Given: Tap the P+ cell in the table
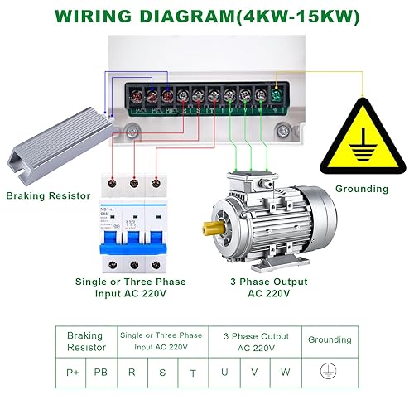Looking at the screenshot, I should point(73,372).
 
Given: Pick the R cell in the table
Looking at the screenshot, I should point(131,372).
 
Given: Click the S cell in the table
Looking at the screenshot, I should point(162,372).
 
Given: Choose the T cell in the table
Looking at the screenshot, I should point(193,373).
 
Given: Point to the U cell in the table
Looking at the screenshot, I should point(224,372).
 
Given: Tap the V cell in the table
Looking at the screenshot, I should point(254,372).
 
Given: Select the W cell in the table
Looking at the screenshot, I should point(285,372).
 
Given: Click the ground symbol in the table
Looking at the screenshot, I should point(330,372).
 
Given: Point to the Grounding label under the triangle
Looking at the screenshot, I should point(362,189).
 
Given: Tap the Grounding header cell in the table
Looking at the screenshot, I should point(330,340).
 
